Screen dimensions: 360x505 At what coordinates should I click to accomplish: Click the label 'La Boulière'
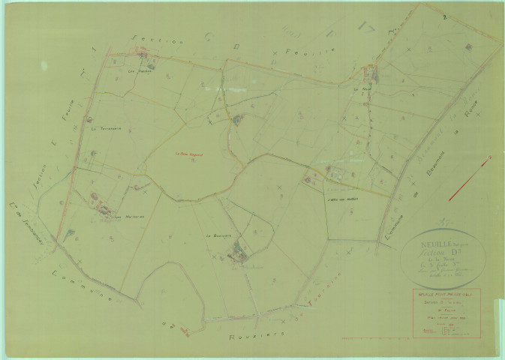point(218,236)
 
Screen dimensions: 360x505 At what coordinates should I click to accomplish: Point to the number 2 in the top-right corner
point(445,16)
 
